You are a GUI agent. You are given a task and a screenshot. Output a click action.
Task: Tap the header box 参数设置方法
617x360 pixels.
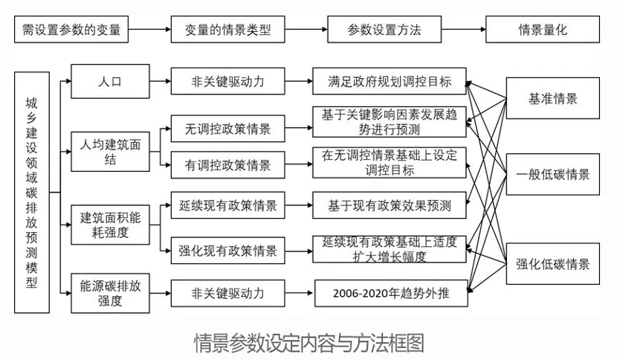pos(384,30)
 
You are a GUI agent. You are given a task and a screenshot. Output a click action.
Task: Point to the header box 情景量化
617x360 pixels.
pos(547,30)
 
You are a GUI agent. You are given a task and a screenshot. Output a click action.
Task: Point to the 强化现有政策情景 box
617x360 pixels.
pos(227,250)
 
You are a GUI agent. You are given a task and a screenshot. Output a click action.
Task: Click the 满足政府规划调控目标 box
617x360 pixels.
pos(390,80)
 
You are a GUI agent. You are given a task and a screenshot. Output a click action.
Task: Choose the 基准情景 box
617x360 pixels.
pos(552,99)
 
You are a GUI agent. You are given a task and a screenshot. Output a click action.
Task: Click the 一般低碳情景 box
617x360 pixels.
pos(552,175)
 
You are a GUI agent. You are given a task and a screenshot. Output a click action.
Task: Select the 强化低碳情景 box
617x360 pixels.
pos(552,264)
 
